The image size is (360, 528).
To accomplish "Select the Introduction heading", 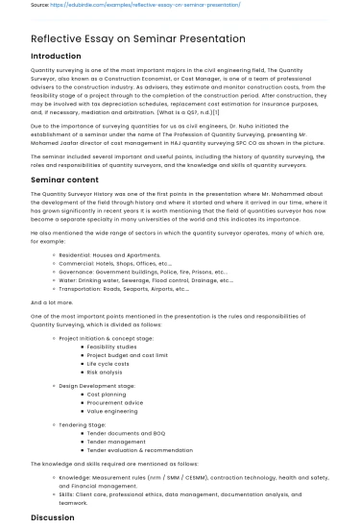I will [x=56, y=57].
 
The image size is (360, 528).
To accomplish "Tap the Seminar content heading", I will [x=64, y=180].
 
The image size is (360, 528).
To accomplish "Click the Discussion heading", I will [x=52, y=517].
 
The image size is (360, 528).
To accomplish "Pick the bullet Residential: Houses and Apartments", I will [x=109, y=255].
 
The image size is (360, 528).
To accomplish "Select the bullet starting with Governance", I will [x=143, y=272].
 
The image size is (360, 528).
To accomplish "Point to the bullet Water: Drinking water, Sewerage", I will [x=145, y=280].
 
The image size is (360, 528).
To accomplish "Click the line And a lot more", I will [x=52, y=302].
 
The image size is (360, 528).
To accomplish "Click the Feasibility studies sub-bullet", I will [x=111, y=348].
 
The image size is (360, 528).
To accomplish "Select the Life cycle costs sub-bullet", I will [x=108, y=364].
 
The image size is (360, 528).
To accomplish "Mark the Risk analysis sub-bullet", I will [x=105, y=372].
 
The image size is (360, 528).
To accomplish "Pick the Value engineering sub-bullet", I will [x=112, y=410].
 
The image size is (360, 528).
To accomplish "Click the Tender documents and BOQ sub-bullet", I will [x=126, y=433].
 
